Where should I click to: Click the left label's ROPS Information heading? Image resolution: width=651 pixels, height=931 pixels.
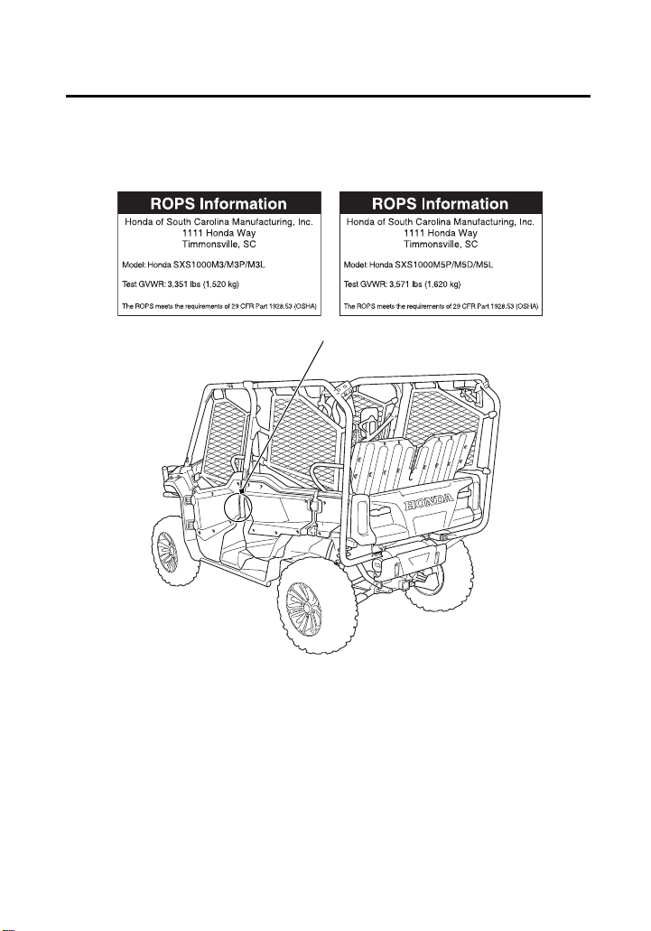point(219,204)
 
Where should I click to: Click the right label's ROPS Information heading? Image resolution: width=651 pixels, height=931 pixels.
point(441,204)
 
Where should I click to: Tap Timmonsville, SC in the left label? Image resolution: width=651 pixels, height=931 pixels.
point(219,244)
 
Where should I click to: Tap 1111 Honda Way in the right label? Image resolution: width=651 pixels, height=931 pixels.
point(441,233)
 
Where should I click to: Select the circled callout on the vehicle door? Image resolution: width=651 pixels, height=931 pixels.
point(238,506)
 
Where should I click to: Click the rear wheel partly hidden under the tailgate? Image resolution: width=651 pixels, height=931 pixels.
point(439,579)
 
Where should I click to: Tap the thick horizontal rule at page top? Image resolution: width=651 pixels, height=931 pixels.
point(328,96)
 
